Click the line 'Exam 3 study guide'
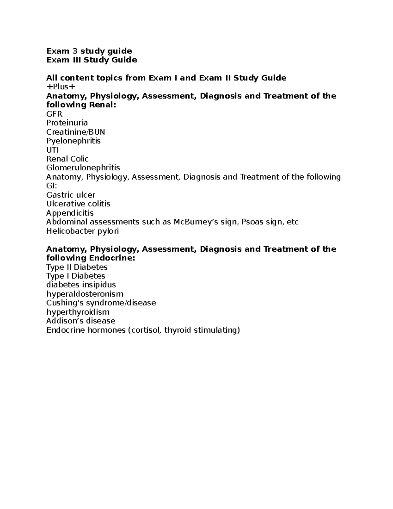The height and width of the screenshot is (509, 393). click(89, 51)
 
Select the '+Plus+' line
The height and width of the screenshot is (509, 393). click(61, 87)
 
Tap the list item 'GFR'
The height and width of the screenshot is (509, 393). click(54, 114)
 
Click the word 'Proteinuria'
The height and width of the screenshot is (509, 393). click(67, 123)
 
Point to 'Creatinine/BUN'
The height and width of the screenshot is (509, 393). click(76, 132)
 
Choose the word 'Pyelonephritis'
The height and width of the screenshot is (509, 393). click(73, 141)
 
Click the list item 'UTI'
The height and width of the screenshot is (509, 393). click(53, 150)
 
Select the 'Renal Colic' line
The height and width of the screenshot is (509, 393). click(67, 159)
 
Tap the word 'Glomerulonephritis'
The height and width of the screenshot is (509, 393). click(83, 168)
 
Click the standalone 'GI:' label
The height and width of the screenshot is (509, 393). click(52, 186)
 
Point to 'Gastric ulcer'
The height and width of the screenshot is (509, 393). click(71, 195)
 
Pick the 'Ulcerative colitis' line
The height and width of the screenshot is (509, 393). click(78, 204)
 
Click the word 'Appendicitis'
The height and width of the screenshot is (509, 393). click(70, 213)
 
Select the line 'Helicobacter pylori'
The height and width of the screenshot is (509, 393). click(83, 231)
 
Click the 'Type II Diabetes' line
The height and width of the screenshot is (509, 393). click(77, 267)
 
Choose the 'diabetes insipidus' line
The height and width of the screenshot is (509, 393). click(81, 285)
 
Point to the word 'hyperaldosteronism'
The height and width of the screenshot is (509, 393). click(85, 294)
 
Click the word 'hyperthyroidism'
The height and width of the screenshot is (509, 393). click(78, 312)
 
